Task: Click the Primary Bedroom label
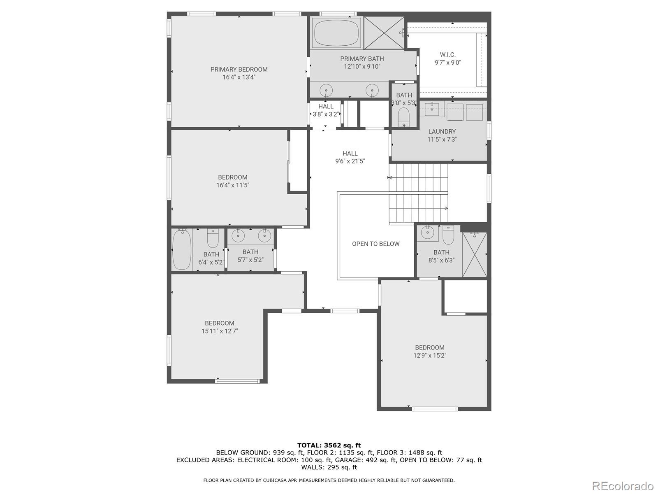239,70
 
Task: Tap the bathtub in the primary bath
337,33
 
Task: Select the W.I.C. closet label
447,55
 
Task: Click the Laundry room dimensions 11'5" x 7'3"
442,140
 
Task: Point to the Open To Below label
375,244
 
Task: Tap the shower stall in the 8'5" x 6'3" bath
475,254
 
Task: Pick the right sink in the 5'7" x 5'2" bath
264,236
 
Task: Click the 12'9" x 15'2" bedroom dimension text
430,355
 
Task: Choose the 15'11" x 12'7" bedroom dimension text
220,331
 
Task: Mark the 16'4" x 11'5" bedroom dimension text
233,185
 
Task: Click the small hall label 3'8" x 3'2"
326,114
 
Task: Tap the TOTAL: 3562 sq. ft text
329,445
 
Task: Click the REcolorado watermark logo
623,485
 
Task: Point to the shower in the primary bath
384,33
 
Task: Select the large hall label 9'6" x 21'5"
350,161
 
